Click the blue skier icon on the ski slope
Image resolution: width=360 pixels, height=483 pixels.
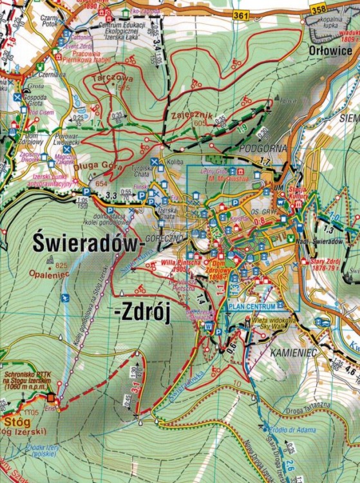click(64, 298)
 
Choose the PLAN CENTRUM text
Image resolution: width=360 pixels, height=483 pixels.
click(252, 307)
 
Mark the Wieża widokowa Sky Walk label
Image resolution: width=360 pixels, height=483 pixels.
click(280, 323)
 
